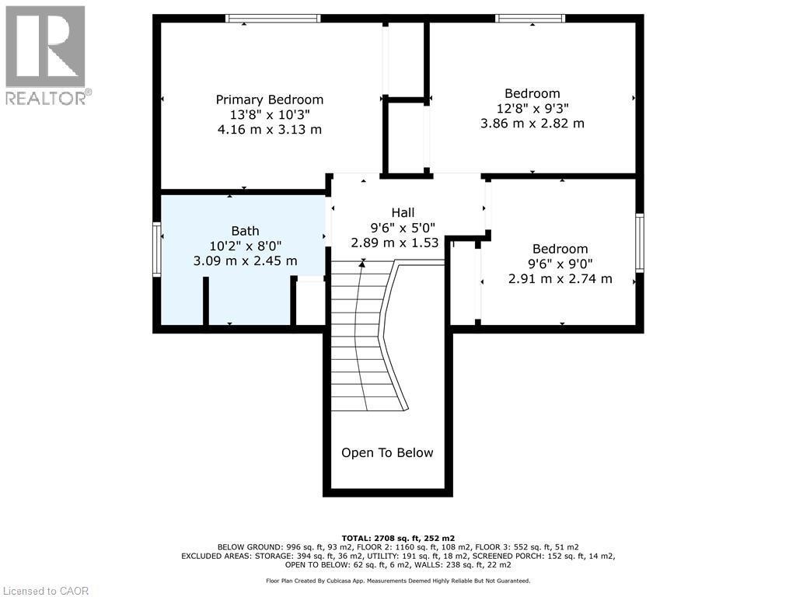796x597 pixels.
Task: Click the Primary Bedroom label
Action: pos(269,99)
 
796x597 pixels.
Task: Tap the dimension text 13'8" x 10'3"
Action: pos(269,114)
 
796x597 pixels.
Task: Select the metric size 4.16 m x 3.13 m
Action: pos(269,129)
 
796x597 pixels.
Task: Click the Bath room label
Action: pos(245,231)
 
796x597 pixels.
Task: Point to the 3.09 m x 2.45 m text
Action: pos(245,261)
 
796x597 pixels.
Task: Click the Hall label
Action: pos(403,212)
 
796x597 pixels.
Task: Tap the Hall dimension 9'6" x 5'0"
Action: pos(403,228)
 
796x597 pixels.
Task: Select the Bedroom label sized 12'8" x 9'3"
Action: pos(532,93)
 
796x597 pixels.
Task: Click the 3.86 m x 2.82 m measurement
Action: pos(532,123)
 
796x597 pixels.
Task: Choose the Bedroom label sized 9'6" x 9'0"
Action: pos(560,249)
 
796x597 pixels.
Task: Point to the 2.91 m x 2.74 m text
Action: pos(560,278)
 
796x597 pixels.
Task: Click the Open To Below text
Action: pos(387,452)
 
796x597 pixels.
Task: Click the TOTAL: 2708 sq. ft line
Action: pos(398,538)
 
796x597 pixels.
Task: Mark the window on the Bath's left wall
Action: pos(157,249)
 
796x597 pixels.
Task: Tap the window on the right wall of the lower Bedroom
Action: pos(640,243)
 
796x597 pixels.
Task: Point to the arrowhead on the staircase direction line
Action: pos(362,264)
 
